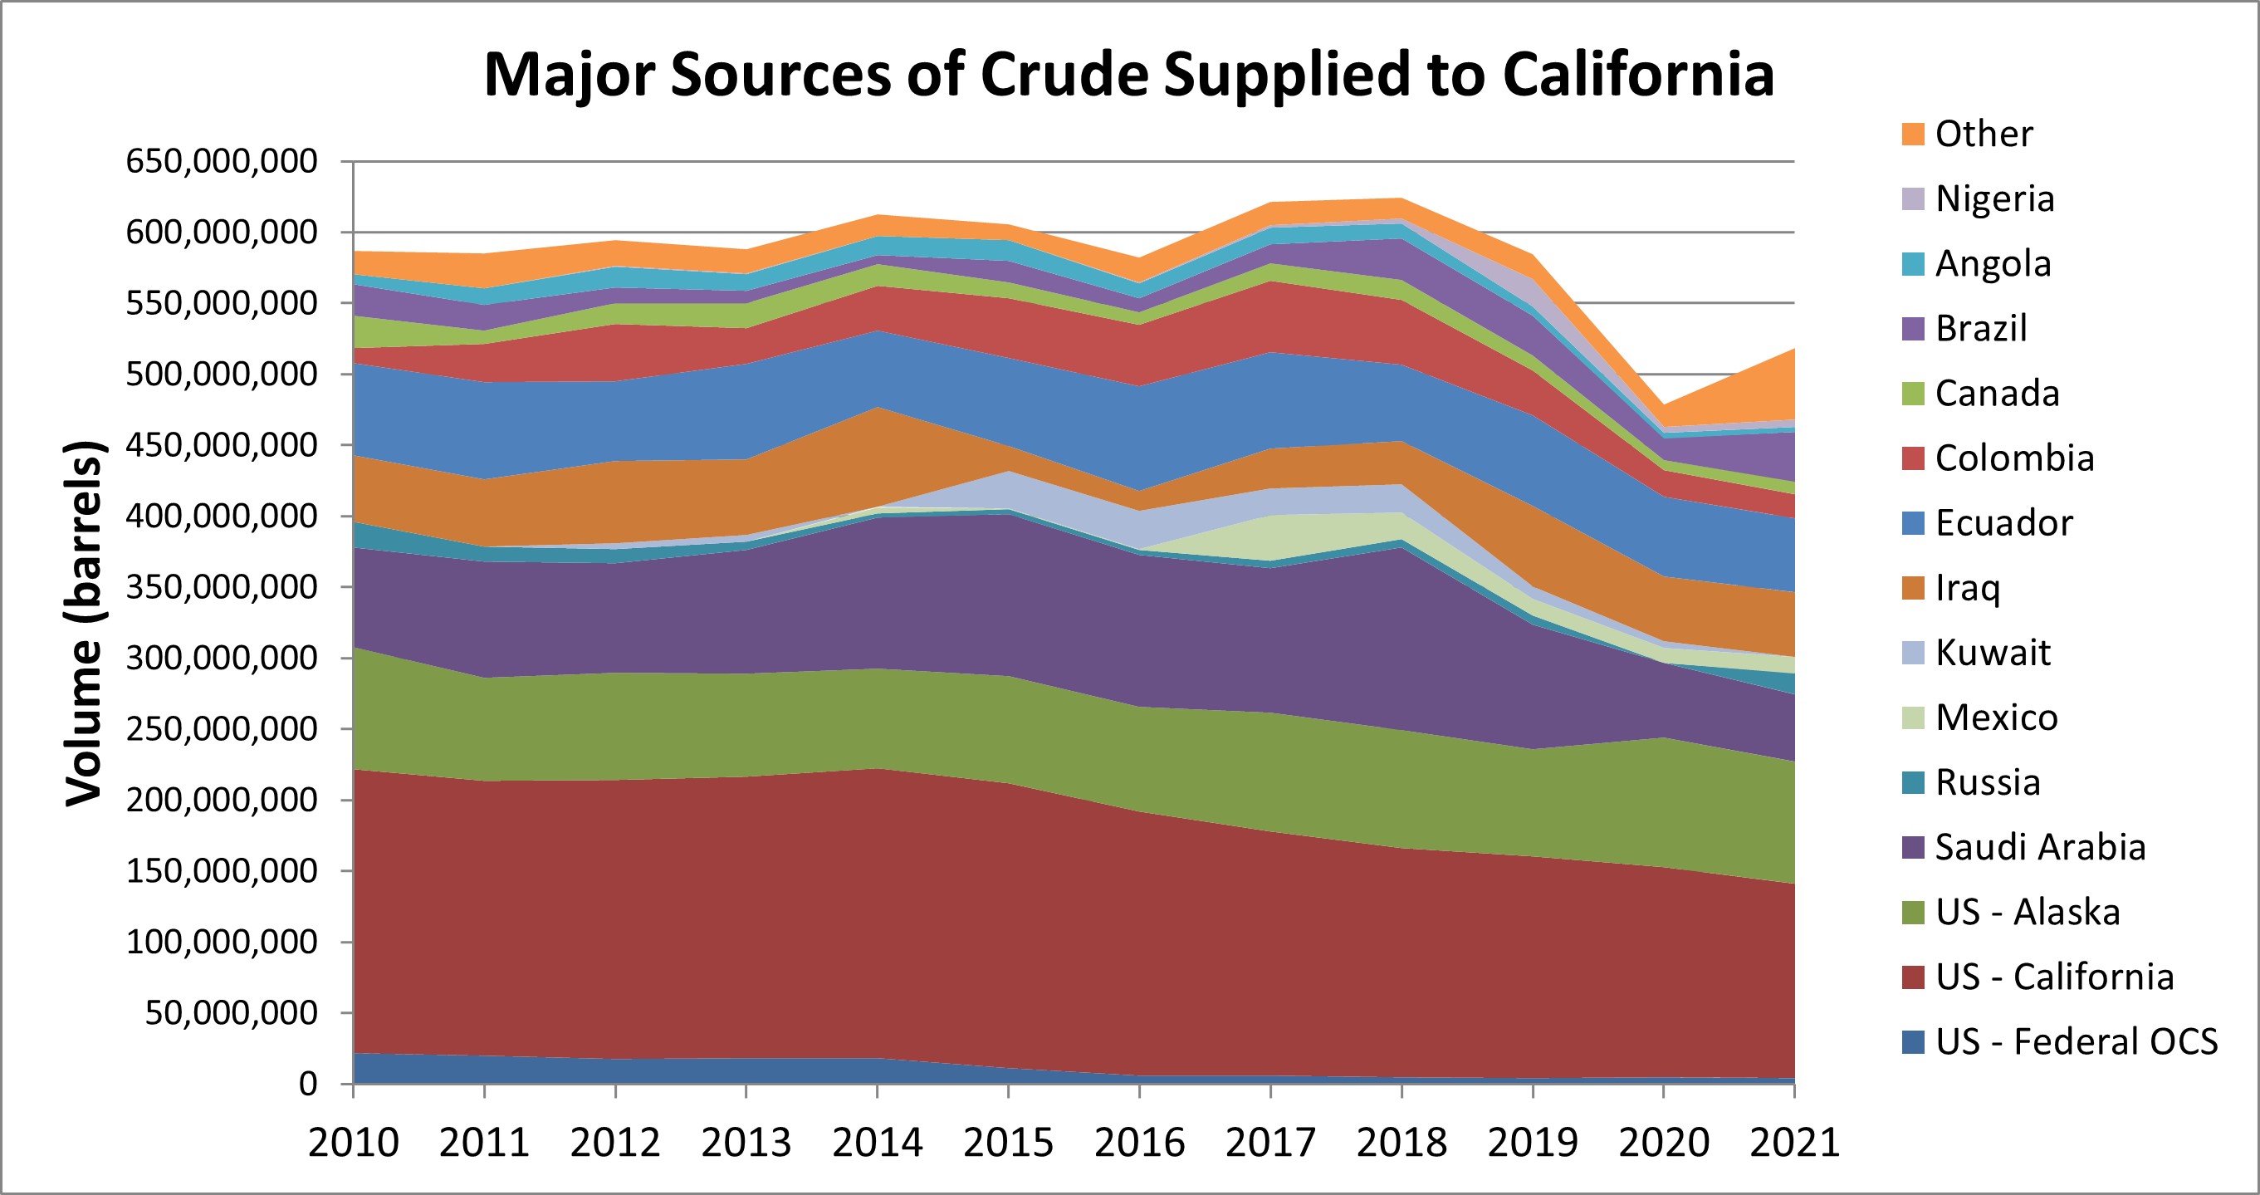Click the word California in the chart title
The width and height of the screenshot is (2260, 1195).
1638,74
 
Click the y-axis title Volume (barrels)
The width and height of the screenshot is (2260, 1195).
85,623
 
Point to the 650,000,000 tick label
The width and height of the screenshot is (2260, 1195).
221,161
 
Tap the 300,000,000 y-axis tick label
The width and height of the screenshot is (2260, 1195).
221,658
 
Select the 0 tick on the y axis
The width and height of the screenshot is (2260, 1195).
307,1085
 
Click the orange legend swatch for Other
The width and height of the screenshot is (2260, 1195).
1913,135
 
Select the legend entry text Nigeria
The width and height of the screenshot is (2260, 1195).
1994,199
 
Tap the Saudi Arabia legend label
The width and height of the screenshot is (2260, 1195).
2040,848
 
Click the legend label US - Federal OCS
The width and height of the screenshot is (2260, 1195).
2076,1042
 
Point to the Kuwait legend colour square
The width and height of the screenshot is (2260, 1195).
1913,653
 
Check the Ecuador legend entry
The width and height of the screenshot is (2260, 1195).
2003,523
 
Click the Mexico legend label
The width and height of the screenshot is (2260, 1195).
1996,717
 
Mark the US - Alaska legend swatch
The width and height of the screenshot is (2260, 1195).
1913,913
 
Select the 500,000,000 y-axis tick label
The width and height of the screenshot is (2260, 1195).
221,375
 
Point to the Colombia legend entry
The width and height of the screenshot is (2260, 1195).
2014,458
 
